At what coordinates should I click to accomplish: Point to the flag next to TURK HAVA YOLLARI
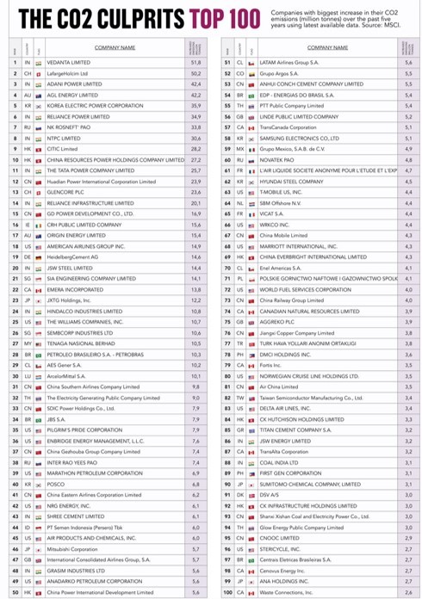252,343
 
